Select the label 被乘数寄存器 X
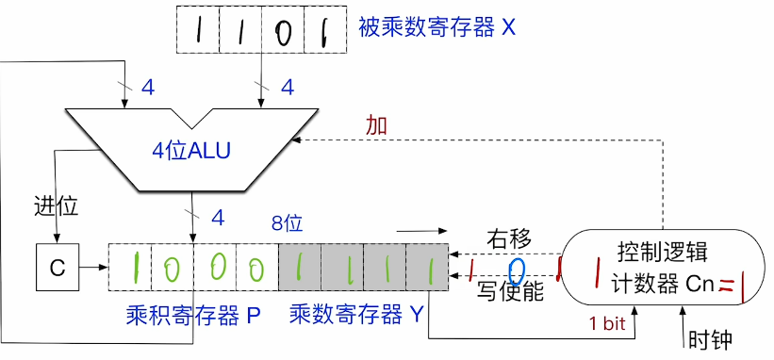point(436,27)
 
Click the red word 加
point(376,124)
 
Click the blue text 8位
point(287,225)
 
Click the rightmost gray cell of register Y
point(427,268)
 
